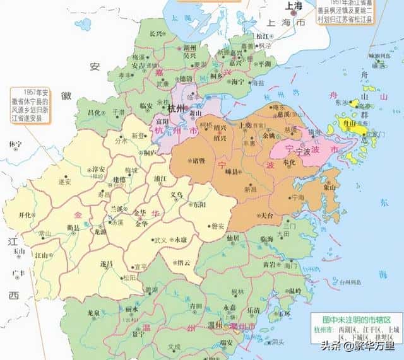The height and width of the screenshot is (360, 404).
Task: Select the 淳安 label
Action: coord(98,170)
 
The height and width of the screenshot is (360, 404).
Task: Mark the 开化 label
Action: coord(25,214)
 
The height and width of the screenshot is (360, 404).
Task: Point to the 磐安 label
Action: coord(217,226)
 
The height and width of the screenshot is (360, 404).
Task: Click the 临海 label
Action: coord(267,240)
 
